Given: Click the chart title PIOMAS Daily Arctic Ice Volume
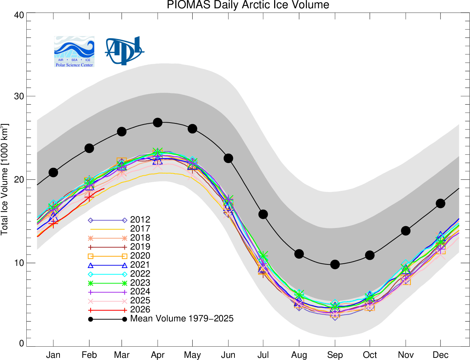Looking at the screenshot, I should coord(248,5).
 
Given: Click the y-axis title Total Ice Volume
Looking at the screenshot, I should coord(5,179).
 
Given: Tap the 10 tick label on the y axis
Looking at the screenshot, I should coord(19,263).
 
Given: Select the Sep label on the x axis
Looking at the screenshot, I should coord(335,355).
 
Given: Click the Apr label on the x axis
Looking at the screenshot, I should coord(158,355).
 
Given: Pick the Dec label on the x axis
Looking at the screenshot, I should coord(440,355).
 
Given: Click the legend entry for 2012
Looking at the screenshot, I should coord(140,220).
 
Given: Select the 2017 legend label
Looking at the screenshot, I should coord(140,229).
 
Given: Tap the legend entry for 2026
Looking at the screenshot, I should coord(140,309).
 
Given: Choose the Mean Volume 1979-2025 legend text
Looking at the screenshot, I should coord(182,319).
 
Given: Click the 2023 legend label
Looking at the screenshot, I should coord(140,283).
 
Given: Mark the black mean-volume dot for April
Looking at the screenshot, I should coord(158,123).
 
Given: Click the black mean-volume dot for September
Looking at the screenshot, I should coord(335,264).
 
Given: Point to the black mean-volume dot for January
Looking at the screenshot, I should coord(53,172).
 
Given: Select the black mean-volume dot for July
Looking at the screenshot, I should coord(263,214).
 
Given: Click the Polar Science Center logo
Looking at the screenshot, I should coord(74,52).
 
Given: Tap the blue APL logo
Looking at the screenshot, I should coord(124,51).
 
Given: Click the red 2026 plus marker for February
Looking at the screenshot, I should coord(89,197).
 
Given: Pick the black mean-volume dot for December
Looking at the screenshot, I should coord(440,203).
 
